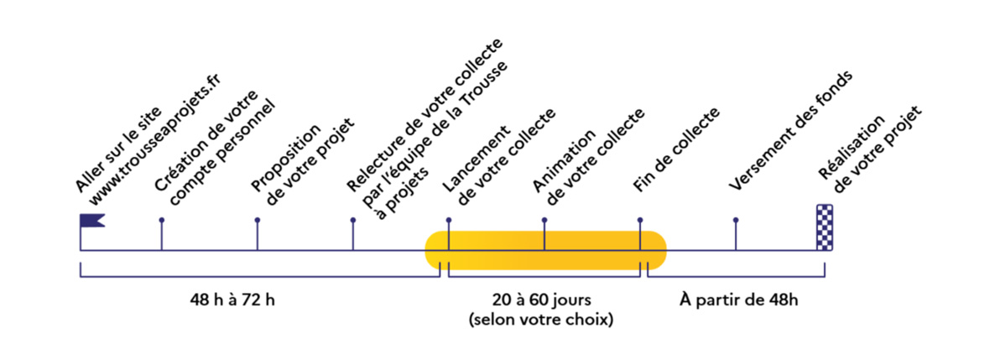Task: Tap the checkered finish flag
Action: [825, 227]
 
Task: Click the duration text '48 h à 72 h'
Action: [232, 300]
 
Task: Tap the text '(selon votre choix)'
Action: [543, 319]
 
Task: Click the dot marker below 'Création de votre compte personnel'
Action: [161, 220]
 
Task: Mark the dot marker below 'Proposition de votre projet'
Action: [258, 220]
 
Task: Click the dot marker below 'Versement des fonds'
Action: [736, 220]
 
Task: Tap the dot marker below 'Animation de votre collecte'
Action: [544, 220]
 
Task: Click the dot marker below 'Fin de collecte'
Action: [640, 220]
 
